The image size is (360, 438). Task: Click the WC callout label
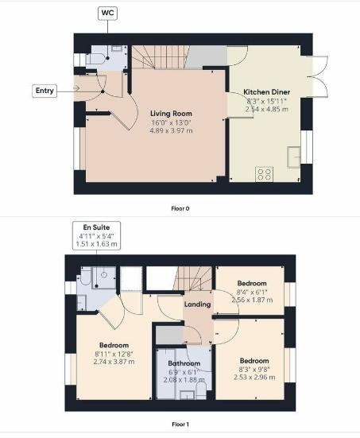click(106, 13)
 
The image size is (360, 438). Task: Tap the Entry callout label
click(45, 91)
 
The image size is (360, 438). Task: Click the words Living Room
click(171, 114)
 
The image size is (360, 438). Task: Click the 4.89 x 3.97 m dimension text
click(171, 131)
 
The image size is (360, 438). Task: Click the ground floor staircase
click(158, 56)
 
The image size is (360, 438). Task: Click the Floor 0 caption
click(180, 209)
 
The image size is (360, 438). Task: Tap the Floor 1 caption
click(180, 424)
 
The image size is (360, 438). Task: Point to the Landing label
click(197, 304)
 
